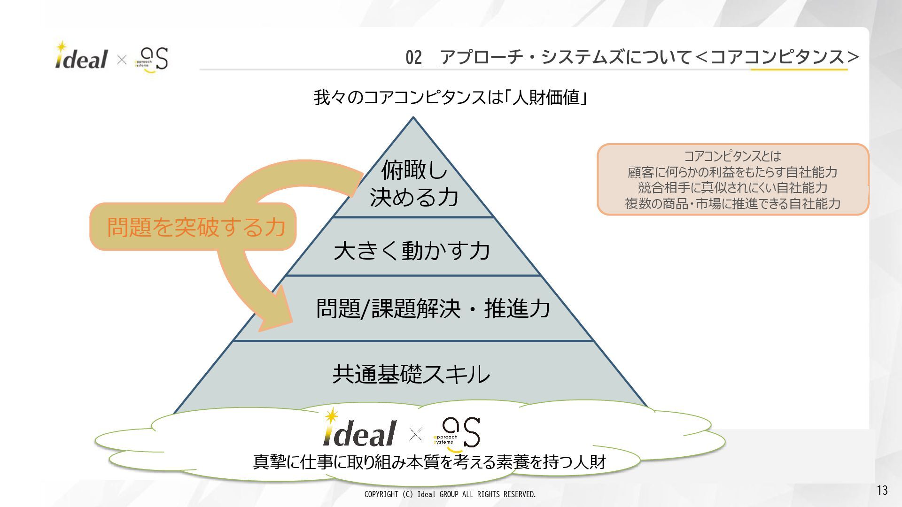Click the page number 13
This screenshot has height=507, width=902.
[882, 490]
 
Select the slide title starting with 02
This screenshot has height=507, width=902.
[632, 57]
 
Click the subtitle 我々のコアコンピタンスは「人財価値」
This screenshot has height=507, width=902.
[451, 98]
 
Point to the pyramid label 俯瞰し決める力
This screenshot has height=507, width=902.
[413, 184]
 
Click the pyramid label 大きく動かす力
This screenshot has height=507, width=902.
[412, 250]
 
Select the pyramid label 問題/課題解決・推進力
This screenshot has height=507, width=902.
[433, 308]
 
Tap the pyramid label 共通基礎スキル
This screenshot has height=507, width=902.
[412, 375]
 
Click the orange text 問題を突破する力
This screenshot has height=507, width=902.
[196, 227]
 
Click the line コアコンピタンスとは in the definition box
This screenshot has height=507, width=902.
[732, 156]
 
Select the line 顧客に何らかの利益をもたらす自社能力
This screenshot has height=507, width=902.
[732, 172]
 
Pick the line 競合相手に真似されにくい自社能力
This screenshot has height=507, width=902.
[732, 187]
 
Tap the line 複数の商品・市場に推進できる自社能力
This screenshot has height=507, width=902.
[732, 203]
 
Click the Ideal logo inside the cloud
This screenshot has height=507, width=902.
[360, 429]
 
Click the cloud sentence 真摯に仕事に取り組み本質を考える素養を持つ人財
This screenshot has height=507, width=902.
[429, 462]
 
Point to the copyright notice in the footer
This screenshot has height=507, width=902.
[450, 494]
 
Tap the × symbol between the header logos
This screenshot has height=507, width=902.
[122, 60]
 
